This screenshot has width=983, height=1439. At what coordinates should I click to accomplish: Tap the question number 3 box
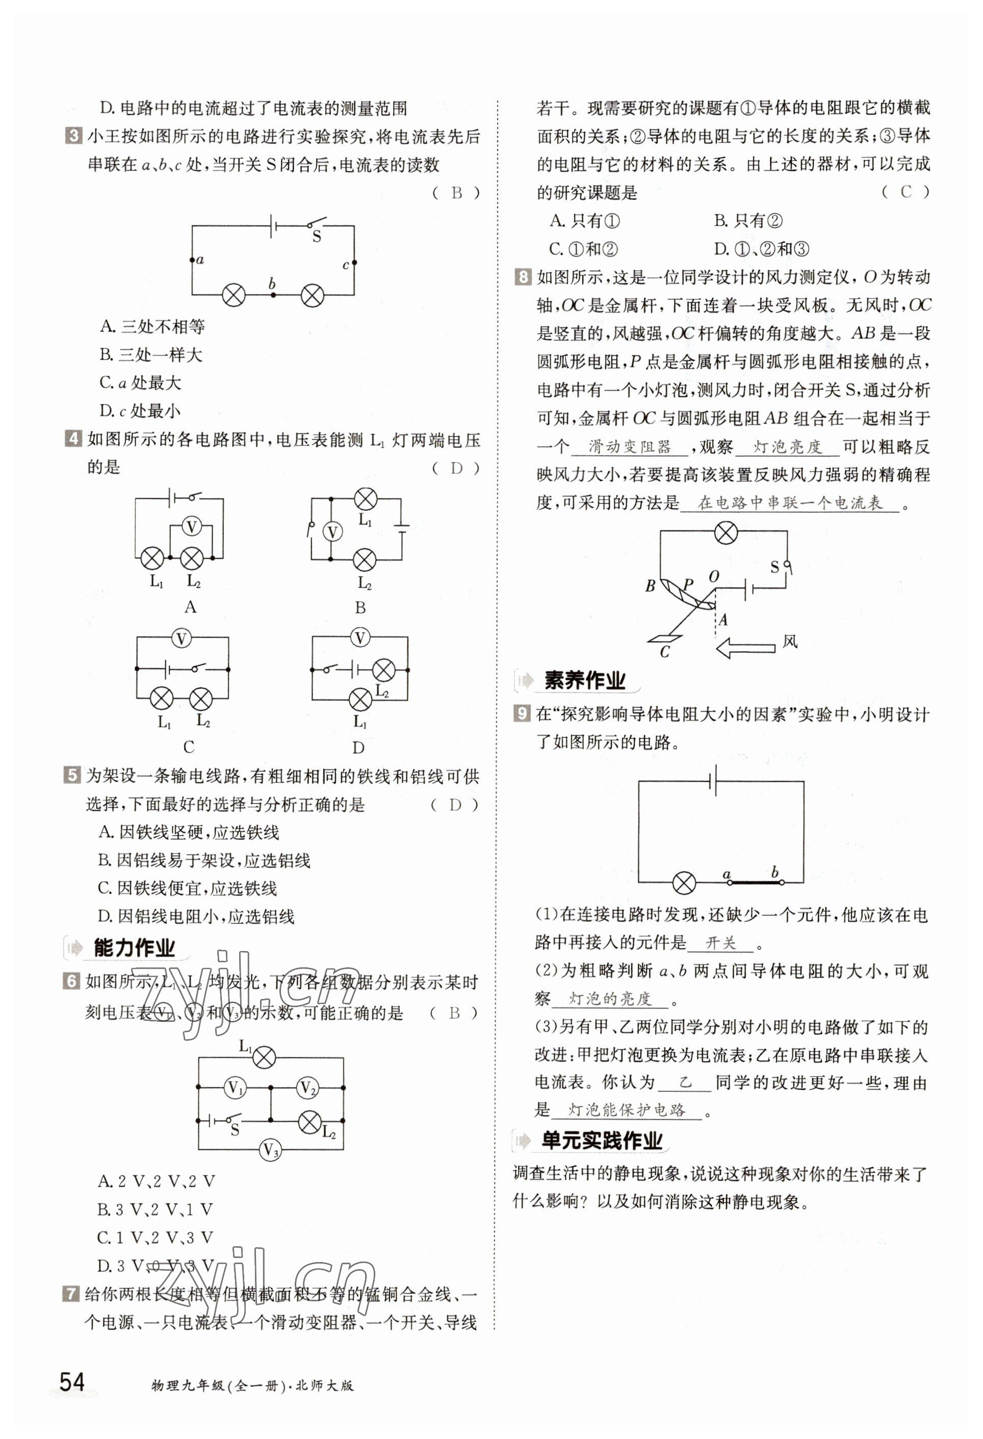pyautogui.click(x=73, y=136)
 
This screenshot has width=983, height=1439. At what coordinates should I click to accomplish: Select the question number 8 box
pyautogui.click(x=523, y=277)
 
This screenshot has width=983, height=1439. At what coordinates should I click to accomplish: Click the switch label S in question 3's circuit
pyautogui.click(x=316, y=237)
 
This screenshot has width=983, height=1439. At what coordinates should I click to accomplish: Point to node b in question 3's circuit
pyautogui.click(x=273, y=295)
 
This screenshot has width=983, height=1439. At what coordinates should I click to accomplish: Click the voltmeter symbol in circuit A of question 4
pyautogui.click(x=191, y=527)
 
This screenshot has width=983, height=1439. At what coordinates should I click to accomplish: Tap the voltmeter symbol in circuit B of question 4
pyautogui.click(x=332, y=531)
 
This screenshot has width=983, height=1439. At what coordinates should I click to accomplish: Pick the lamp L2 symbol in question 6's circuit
pyautogui.click(x=309, y=1120)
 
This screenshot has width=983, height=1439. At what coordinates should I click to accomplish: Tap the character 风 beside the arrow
pyautogui.click(x=790, y=641)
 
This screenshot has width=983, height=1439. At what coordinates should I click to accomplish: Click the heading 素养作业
pyautogui.click(x=584, y=680)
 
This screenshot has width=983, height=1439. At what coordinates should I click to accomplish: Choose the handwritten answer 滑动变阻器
pyautogui.click(x=630, y=447)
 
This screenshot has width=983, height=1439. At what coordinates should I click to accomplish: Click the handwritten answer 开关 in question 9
pyautogui.click(x=720, y=942)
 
